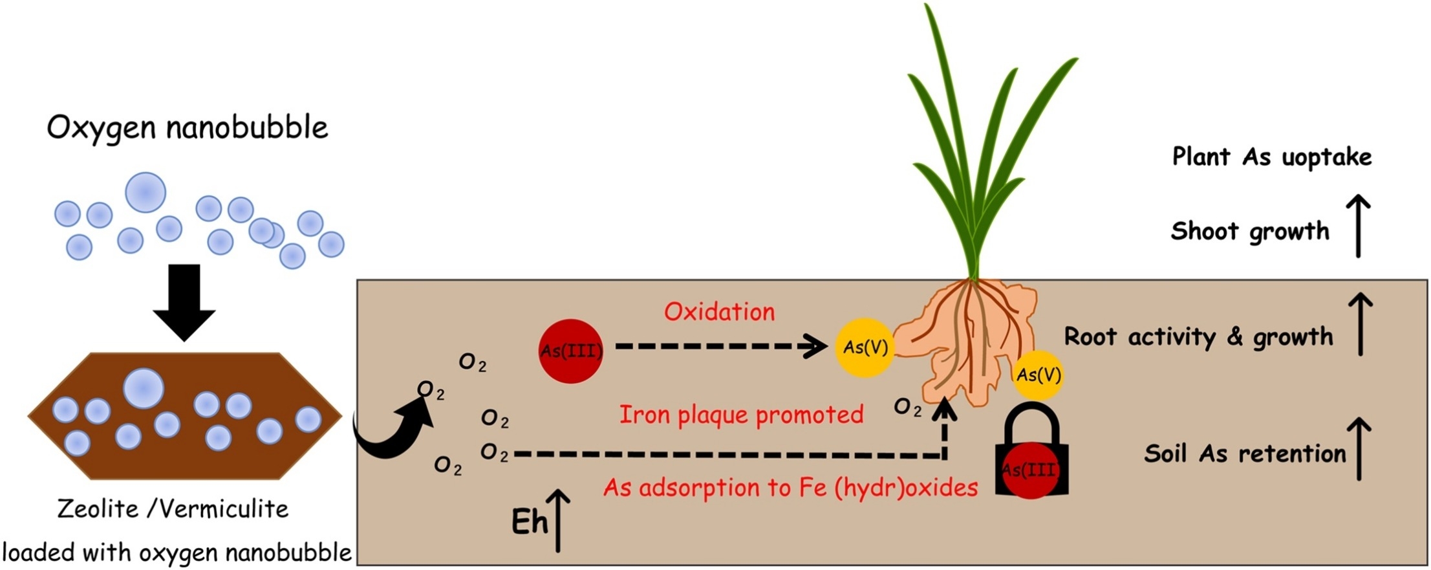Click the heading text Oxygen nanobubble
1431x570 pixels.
pos(188,127)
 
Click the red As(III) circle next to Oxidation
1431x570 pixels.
pos(571,351)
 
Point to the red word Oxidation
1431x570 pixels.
pos(719,312)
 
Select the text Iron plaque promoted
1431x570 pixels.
pos(741,415)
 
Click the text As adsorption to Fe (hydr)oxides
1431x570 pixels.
pos(790,487)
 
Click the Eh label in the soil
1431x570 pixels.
pos(529,522)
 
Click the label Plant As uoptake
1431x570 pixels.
pos(1271,157)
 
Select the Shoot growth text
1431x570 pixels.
pos(1249,231)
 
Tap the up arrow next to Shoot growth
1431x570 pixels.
pos(1358,226)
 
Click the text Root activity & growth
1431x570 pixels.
pos(1198,336)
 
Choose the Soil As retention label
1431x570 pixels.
pos(1245,454)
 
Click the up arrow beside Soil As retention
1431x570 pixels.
pos(1359,448)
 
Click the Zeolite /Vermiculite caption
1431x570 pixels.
pos(173,509)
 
